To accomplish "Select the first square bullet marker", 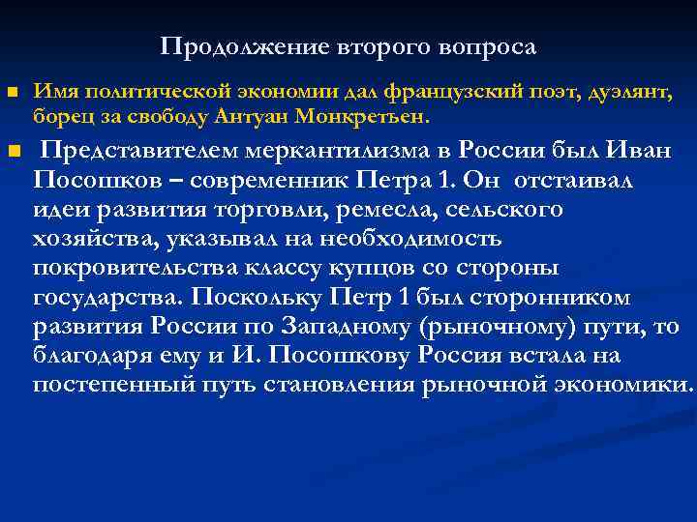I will tap(12, 92).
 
